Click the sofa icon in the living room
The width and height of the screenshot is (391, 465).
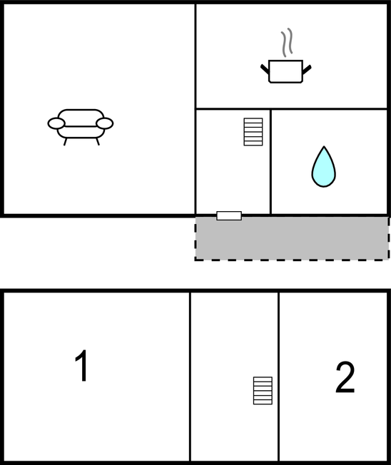tap(81, 127)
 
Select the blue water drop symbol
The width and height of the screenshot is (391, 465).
tap(324, 167)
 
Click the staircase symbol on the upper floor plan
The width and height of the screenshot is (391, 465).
tap(253, 132)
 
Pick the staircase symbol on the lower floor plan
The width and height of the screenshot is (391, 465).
tap(263, 390)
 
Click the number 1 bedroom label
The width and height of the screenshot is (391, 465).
tap(81, 365)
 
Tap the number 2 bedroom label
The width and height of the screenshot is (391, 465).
tap(345, 377)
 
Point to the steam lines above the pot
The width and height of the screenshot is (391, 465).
tap(287, 42)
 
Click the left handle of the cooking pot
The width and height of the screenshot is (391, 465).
tap(265, 68)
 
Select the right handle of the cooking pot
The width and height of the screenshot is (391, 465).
tap(307, 69)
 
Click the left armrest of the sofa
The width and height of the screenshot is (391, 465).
tap(56, 123)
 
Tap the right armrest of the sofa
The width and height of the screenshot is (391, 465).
tap(105, 123)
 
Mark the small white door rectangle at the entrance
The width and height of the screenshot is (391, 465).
tap(229, 215)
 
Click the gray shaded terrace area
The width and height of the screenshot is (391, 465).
tap(292, 238)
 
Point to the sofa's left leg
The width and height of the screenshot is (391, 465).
tap(65, 142)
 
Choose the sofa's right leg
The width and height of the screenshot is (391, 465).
tap(97, 142)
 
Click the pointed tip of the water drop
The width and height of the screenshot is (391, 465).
tap(324, 146)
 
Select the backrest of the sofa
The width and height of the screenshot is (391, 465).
tap(81, 115)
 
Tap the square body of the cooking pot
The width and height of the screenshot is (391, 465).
tap(285, 71)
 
